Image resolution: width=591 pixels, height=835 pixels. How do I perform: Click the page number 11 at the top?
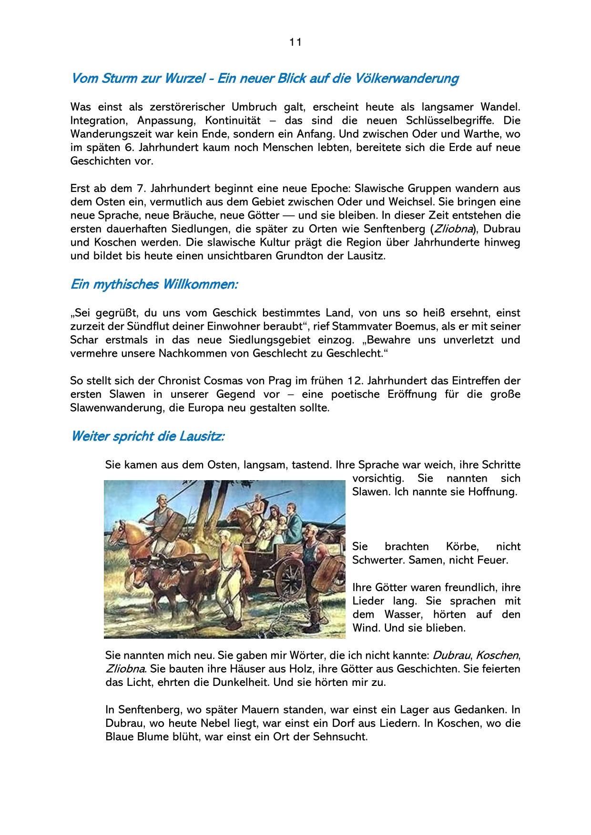(295, 42)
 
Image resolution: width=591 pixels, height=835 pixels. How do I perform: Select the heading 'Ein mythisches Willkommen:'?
(154, 285)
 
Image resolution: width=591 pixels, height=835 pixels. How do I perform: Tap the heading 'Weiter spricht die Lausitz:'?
(147, 436)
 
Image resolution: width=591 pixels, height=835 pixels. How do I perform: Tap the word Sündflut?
(143, 327)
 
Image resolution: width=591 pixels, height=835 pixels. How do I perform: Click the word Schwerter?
(377, 560)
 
